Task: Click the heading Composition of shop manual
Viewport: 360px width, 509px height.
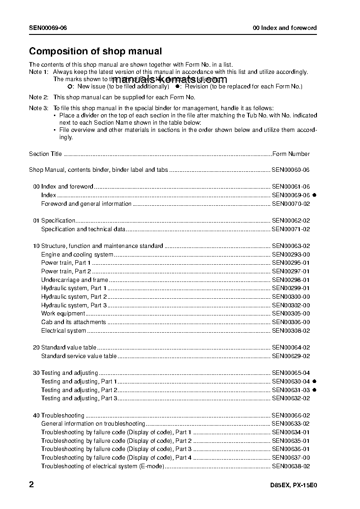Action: point(95,52)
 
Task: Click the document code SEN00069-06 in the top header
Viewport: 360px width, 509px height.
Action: point(48,28)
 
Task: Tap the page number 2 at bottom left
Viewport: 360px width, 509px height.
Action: point(31,485)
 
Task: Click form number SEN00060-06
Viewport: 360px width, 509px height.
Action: point(291,170)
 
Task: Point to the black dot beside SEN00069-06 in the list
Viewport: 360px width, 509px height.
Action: point(314,195)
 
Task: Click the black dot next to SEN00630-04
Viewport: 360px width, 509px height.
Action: point(314,382)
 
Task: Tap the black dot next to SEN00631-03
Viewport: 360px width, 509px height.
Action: point(314,390)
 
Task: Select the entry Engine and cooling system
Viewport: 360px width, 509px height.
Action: point(77,255)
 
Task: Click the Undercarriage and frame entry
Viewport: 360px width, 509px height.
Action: point(74,280)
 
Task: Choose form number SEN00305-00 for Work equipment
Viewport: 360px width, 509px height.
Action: point(291,314)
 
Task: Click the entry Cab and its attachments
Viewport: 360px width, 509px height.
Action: point(73,322)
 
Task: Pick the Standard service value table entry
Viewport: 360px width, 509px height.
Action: point(79,356)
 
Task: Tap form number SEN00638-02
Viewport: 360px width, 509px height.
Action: point(291,466)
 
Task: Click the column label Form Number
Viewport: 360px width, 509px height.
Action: point(291,154)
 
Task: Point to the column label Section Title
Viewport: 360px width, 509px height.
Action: point(45,154)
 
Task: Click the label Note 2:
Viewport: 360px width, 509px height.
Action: point(39,97)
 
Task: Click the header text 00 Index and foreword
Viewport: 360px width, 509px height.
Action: point(285,28)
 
